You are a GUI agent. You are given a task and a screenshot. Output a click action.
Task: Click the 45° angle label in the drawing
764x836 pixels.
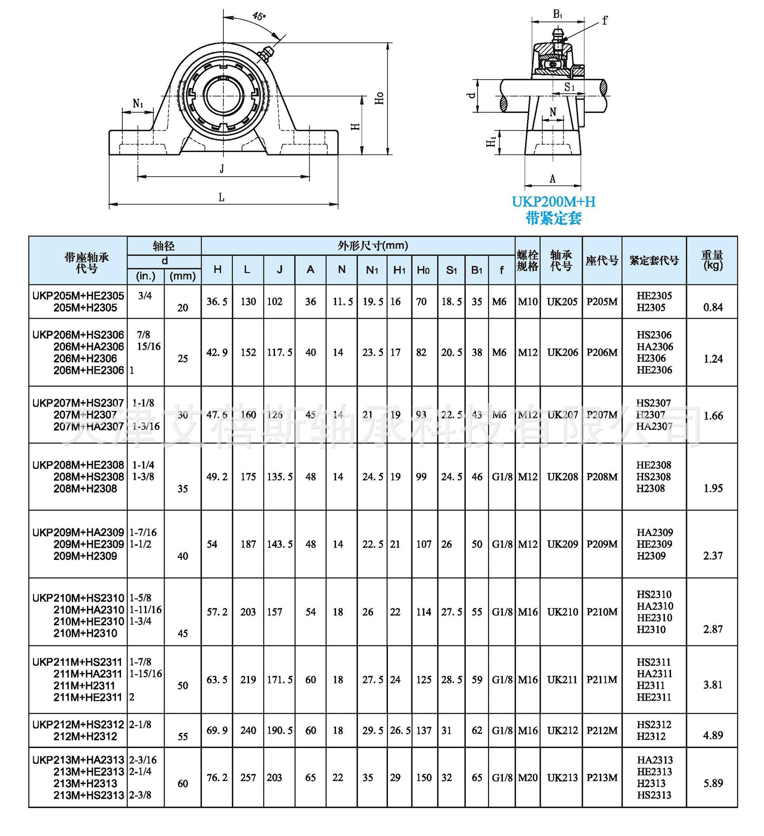point(259,16)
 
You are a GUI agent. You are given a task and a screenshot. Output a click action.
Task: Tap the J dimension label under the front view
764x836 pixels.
point(222,169)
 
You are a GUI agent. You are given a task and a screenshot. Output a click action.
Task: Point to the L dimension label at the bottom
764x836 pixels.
point(222,198)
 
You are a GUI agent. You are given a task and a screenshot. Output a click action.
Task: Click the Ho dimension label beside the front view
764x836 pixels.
point(379,98)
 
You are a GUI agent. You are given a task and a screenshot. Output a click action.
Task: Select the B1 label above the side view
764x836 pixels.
point(558,14)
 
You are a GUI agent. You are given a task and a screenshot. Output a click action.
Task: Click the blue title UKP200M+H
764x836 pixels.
point(553,202)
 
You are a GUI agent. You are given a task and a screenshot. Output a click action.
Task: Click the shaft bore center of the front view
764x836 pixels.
point(223,97)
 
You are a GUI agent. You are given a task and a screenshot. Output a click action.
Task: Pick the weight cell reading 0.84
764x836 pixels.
point(713,307)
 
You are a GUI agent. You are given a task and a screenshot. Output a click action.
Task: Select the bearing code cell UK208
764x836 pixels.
point(562,477)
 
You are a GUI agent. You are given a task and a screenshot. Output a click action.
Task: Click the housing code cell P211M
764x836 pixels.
point(602,680)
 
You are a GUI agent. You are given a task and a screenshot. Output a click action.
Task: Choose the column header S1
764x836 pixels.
point(451,270)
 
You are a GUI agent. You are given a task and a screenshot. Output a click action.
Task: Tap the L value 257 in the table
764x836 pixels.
point(248,778)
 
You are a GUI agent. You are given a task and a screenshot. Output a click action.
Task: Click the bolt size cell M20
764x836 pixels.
point(528,778)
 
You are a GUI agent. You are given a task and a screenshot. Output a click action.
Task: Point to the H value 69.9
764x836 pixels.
point(217,730)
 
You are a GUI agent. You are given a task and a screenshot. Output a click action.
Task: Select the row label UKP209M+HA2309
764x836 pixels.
point(78,533)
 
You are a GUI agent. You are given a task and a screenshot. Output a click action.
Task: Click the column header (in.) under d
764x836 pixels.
point(146,276)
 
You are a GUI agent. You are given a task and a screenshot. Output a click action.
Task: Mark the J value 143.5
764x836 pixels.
point(279,544)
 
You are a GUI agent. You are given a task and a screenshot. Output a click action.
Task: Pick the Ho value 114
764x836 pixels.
point(423,612)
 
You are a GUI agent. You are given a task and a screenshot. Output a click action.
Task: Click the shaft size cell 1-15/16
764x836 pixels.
point(146,674)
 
